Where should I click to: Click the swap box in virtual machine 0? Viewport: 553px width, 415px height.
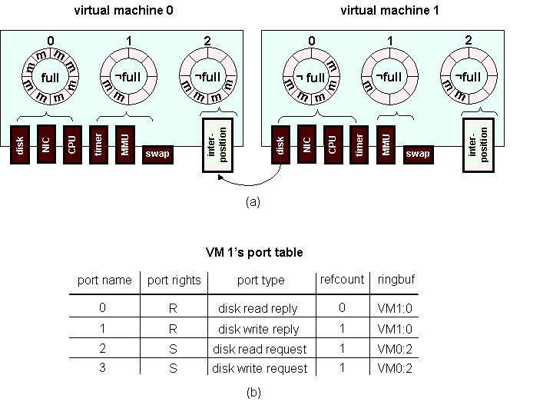pyautogui.click(x=157, y=154)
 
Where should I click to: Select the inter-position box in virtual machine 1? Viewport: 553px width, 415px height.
pyautogui.click(x=478, y=144)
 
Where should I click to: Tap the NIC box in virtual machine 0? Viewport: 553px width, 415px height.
pyautogui.click(x=46, y=144)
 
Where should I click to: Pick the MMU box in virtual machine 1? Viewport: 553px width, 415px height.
pyautogui.click(x=386, y=144)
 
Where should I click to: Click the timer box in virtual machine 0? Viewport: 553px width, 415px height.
pyautogui.click(x=98, y=144)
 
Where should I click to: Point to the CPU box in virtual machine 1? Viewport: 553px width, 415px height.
pyautogui.click(x=333, y=144)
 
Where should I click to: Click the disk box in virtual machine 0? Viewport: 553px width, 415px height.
pyautogui.click(x=21, y=144)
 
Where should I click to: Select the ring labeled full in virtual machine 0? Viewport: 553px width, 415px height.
pyautogui.click(x=50, y=78)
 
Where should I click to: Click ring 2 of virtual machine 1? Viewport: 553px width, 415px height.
pyautogui.click(x=468, y=77)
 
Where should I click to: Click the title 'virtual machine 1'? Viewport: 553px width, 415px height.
pyautogui.click(x=389, y=11)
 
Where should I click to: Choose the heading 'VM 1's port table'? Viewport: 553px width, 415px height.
pyautogui.click(x=254, y=252)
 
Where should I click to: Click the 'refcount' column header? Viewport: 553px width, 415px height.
pyautogui.click(x=342, y=280)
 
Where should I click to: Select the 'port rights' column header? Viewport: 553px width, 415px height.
pyautogui.click(x=174, y=281)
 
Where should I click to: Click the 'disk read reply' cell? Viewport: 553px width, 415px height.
pyautogui.click(x=257, y=308)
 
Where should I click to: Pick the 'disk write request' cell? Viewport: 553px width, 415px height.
pyautogui.click(x=260, y=368)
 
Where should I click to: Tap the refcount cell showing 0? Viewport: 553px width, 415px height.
pyautogui.click(x=342, y=307)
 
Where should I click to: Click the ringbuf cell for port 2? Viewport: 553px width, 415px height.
pyautogui.click(x=396, y=348)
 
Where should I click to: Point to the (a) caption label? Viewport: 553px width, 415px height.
pyautogui.click(x=253, y=202)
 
